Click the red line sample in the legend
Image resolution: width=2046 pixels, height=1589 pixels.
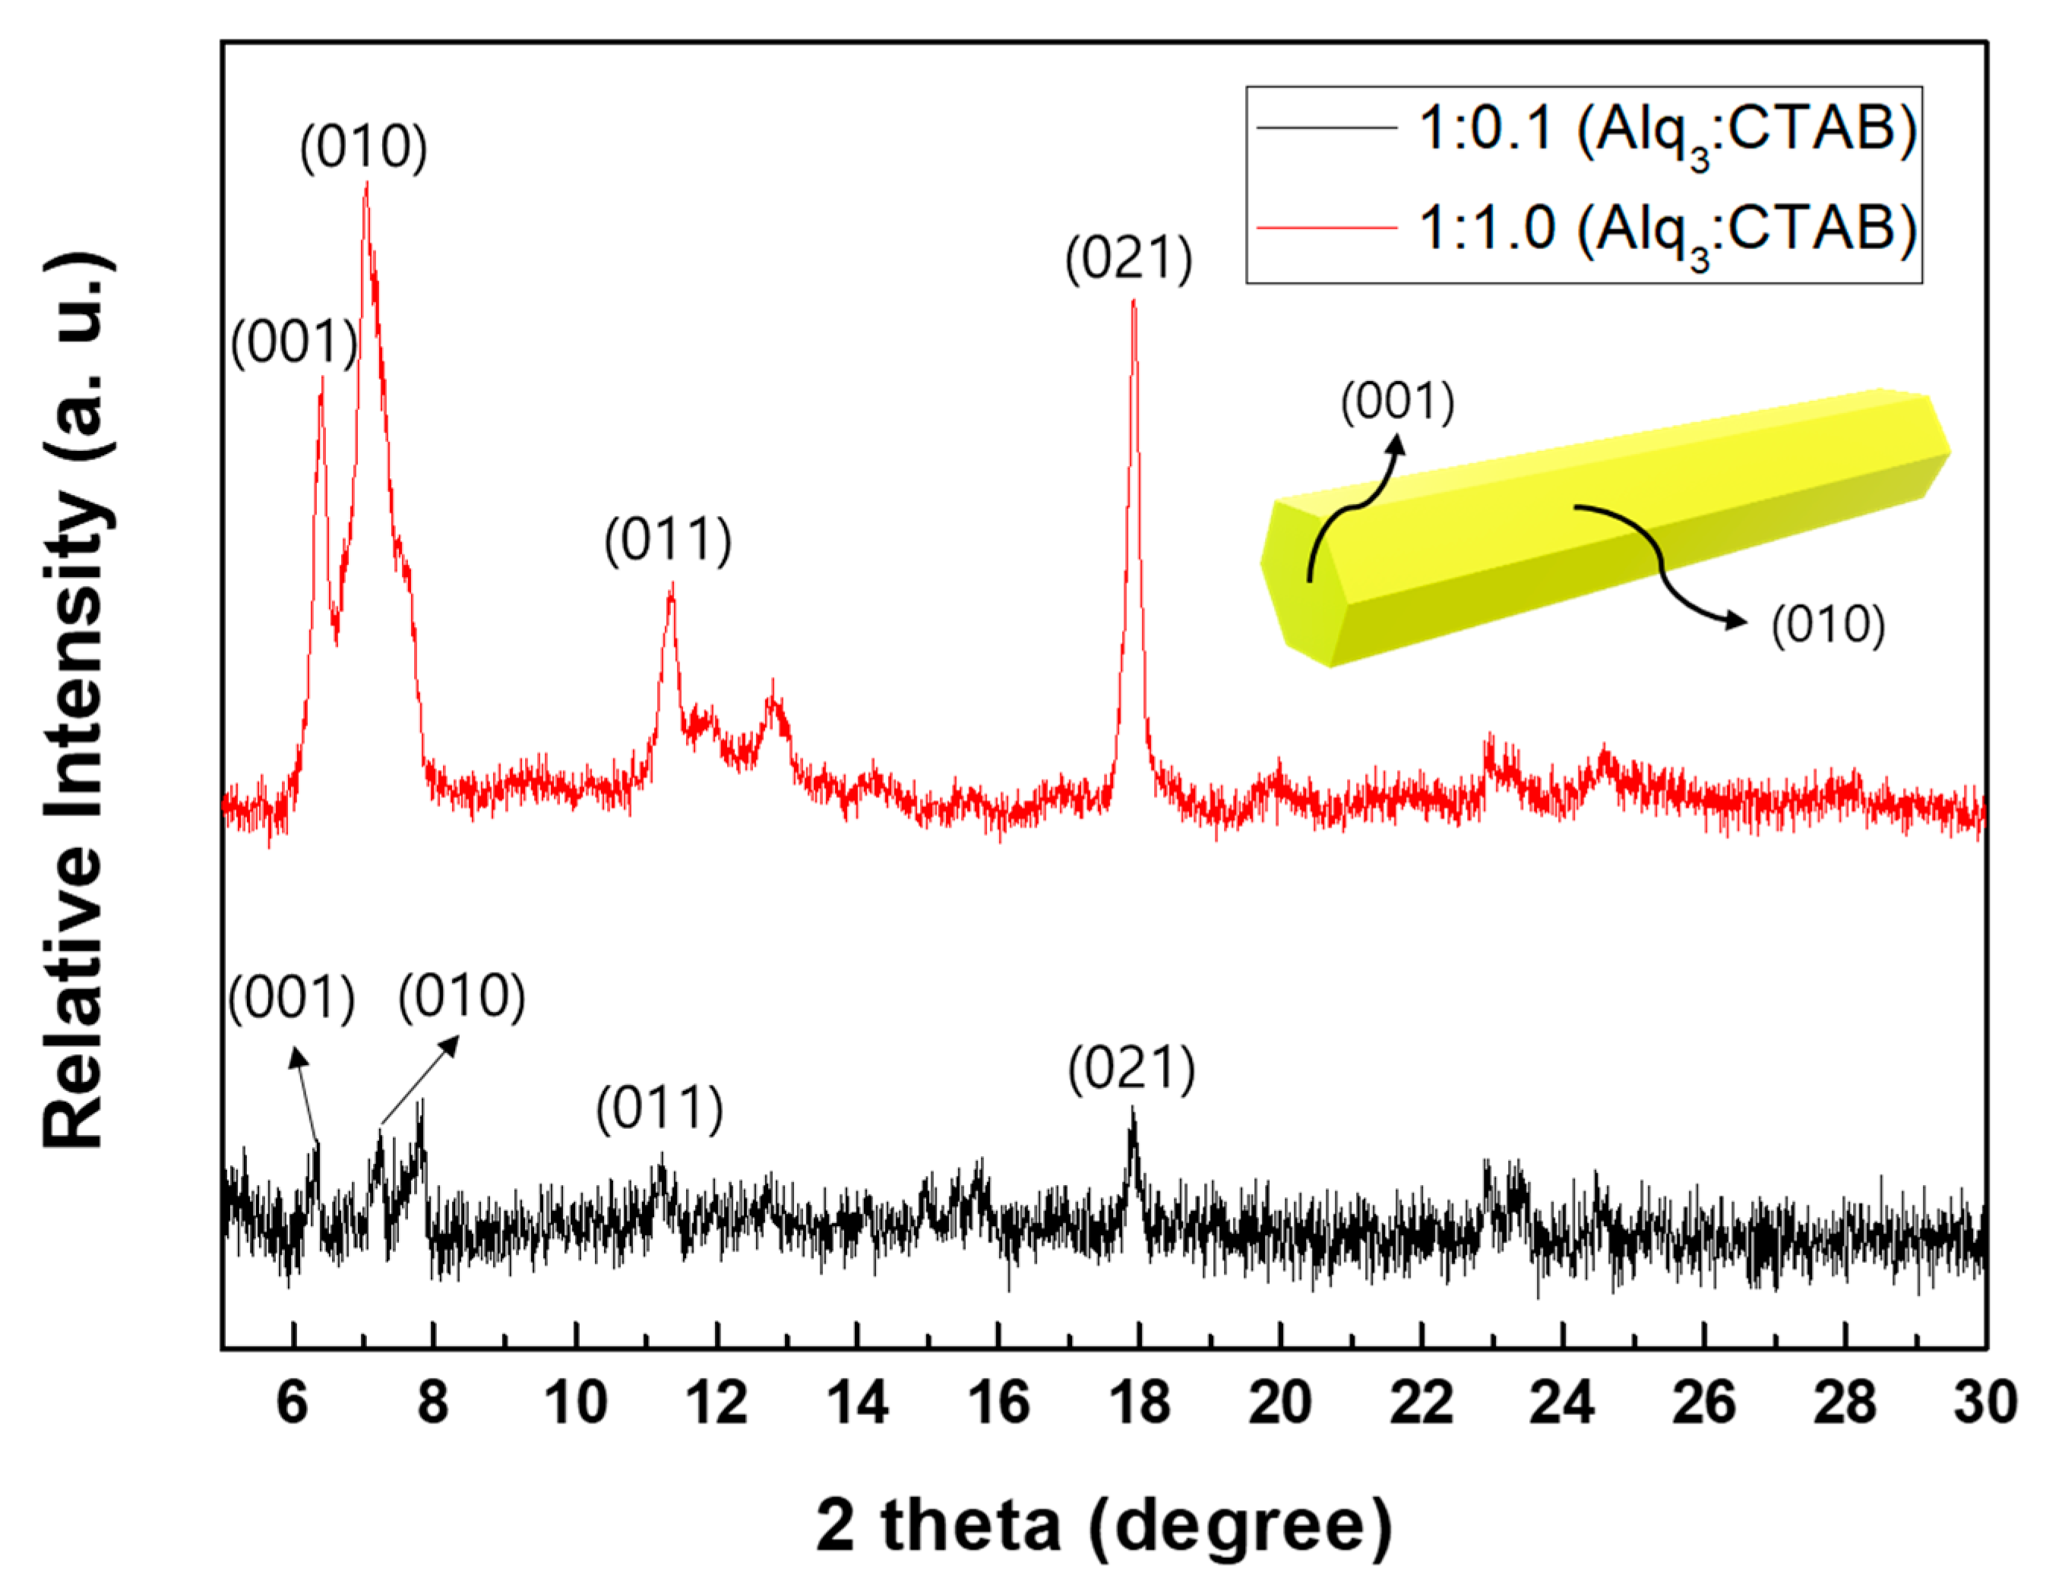1327,228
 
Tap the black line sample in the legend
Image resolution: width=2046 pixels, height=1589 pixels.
1327,128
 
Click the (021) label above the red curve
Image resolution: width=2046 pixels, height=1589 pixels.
1129,260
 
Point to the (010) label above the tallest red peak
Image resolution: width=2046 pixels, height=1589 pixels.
363,148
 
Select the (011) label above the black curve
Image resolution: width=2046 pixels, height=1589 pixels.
660,1110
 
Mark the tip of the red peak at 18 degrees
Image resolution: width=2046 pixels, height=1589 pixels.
1134,301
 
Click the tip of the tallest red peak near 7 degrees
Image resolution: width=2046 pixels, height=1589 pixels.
366,184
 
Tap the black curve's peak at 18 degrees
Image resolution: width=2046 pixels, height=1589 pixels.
1133,1110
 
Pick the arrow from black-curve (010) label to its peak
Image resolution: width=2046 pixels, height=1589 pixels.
419,1079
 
